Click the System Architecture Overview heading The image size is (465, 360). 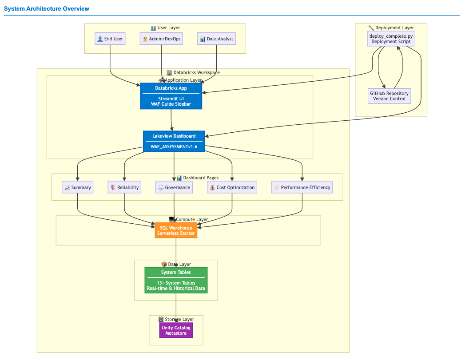[x=47, y=9]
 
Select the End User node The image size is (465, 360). [x=110, y=39]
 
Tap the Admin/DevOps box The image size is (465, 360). [x=161, y=39]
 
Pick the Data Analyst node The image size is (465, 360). [x=216, y=39]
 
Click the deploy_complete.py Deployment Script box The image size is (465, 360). [x=391, y=39]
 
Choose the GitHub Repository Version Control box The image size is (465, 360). [x=389, y=96]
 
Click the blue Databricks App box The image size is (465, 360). [x=171, y=96]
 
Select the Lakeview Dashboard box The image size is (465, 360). [x=174, y=141]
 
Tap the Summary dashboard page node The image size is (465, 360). [x=78, y=187]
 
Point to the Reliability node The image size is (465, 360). [x=124, y=187]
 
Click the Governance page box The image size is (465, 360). [x=174, y=187]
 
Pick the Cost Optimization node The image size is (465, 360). [x=232, y=187]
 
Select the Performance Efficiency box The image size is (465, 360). [x=302, y=187]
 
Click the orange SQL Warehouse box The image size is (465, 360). [x=176, y=230]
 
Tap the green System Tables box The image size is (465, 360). [x=176, y=280]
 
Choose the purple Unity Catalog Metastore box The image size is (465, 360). [x=176, y=330]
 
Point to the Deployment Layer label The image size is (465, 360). [x=391, y=28]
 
